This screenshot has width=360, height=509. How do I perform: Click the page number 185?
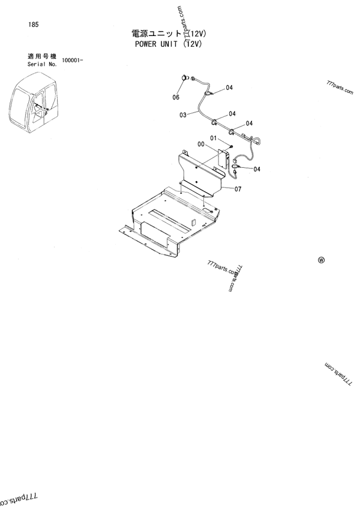25,25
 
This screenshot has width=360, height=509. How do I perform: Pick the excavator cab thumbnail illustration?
32,106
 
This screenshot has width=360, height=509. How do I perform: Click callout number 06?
176,97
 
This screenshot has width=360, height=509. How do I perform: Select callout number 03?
182,113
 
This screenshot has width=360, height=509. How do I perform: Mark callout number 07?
238,189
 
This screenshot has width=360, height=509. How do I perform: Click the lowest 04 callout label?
257,169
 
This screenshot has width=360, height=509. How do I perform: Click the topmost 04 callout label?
230,89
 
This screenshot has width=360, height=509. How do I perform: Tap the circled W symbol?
321,260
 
